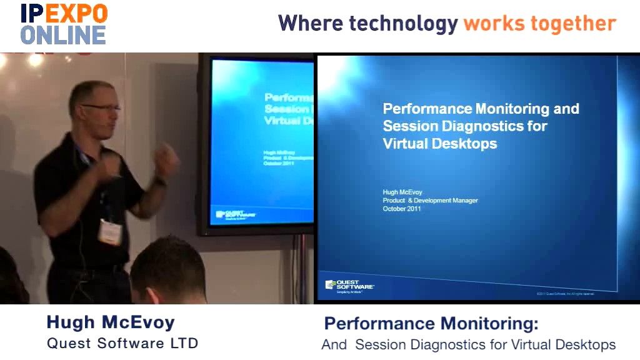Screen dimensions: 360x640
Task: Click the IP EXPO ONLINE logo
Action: coord(64,24)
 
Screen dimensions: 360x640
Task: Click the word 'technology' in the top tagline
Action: coord(403,24)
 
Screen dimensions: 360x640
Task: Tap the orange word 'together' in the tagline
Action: coord(574,24)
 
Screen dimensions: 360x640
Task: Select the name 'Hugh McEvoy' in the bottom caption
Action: coord(111,322)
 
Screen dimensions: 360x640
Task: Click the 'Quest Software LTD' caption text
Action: coord(122,343)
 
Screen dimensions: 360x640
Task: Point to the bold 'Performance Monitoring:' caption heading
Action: coord(431,324)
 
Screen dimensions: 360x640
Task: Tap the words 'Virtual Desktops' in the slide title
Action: coord(440,143)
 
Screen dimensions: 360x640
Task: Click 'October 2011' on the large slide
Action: coord(402,209)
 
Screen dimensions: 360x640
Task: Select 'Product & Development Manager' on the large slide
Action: coord(430,201)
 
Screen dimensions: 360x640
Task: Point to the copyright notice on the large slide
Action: coord(564,293)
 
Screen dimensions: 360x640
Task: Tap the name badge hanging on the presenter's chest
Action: coord(110,231)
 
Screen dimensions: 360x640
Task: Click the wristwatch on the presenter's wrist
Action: coord(161,181)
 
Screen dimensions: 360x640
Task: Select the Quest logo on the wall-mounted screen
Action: coord(236,214)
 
